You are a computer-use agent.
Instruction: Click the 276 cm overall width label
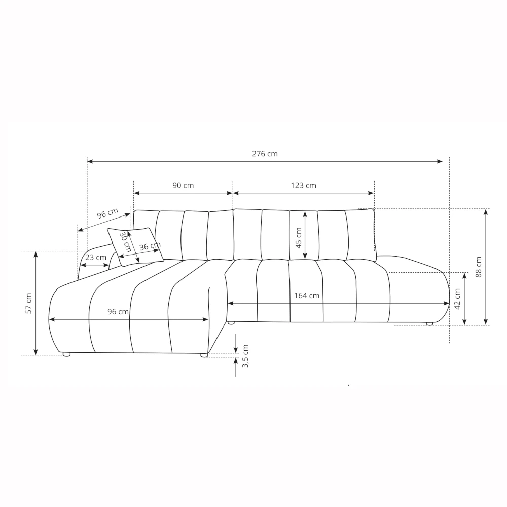(265, 154)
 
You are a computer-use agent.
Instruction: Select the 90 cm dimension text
(183, 185)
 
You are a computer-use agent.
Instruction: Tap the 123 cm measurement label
(303, 185)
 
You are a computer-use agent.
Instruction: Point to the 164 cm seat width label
(307, 296)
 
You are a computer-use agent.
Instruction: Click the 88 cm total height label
(479, 267)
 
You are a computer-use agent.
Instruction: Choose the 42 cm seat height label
(457, 299)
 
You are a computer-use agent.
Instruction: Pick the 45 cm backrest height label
(299, 238)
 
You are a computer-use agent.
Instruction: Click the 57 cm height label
(29, 303)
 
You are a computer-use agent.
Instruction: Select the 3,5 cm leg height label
(245, 356)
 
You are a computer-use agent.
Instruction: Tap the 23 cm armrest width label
(96, 258)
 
